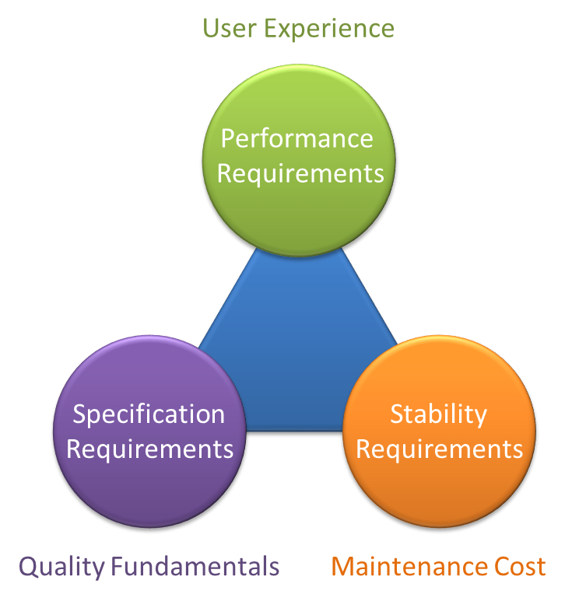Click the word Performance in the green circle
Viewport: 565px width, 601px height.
[x=297, y=139]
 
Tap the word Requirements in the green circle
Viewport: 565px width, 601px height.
[x=300, y=173]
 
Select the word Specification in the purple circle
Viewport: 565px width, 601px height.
[x=149, y=414]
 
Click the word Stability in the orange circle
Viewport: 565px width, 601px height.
[x=438, y=414]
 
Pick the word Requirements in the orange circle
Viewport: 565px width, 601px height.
[x=440, y=449]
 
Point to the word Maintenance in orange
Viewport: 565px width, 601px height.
[x=413, y=566]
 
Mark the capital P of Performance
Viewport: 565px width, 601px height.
[x=228, y=139]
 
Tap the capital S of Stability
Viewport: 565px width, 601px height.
[x=397, y=414]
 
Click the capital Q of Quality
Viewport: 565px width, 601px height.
[x=29, y=567]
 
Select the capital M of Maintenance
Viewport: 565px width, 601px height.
[x=342, y=566]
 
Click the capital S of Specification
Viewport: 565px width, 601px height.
[x=79, y=414]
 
